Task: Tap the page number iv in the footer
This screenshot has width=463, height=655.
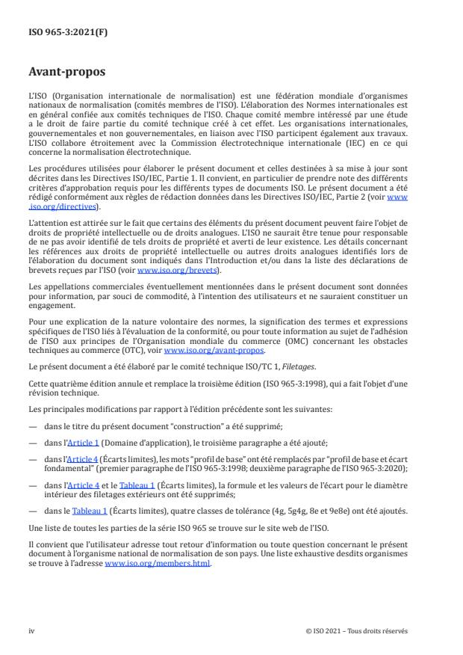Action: pyautogui.click(x=31, y=630)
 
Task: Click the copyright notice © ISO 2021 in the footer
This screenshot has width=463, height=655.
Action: pyautogui.click(x=356, y=630)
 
